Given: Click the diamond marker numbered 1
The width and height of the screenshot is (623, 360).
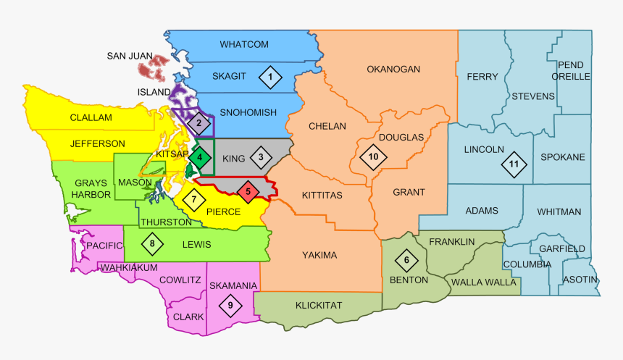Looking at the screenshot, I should pos(270,77).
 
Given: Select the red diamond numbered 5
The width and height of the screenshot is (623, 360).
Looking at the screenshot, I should pos(248,192).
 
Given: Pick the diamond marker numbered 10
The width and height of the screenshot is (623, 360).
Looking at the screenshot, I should pos(373,156).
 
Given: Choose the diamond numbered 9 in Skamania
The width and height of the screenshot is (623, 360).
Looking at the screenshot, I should pos(230,306).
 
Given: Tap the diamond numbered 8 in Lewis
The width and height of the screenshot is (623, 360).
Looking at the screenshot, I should pos(152,244).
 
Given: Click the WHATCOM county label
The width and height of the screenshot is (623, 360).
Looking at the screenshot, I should pos(244,45).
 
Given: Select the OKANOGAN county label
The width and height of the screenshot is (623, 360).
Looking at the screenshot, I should pos(393,70).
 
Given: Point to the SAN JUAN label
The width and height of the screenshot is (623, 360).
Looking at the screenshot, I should pos(130,56).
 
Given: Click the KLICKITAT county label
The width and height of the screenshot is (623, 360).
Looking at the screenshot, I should pos(318,305).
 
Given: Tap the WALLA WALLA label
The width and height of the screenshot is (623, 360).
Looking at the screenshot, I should pos(479,281).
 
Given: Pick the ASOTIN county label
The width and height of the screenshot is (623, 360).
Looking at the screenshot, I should pos(580,280).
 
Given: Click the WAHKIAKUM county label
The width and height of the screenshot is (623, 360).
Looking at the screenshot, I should pos(129,267).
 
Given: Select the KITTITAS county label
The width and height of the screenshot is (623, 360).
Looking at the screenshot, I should pos(322,195).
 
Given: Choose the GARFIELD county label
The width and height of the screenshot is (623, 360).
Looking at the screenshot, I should pos(561,248).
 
